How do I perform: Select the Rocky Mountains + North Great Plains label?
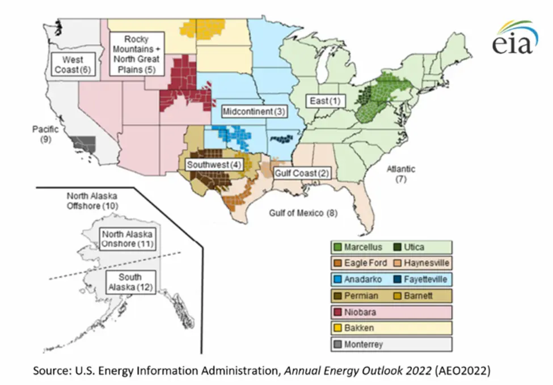pyautogui.click(x=136, y=54)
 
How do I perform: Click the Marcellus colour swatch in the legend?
pyautogui.click(x=339, y=247)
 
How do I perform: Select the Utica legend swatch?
pyautogui.click(x=395, y=247)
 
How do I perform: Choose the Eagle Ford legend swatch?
pyautogui.click(x=339, y=263)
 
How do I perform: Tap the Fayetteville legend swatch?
pyautogui.click(x=395, y=280)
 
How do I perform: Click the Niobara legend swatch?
pyautogui.click(x=339, y=312)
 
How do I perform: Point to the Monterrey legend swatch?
pyautogui.click(x=339, y=344)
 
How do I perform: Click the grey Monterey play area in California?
pyautogui.click(x=85, y=144)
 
